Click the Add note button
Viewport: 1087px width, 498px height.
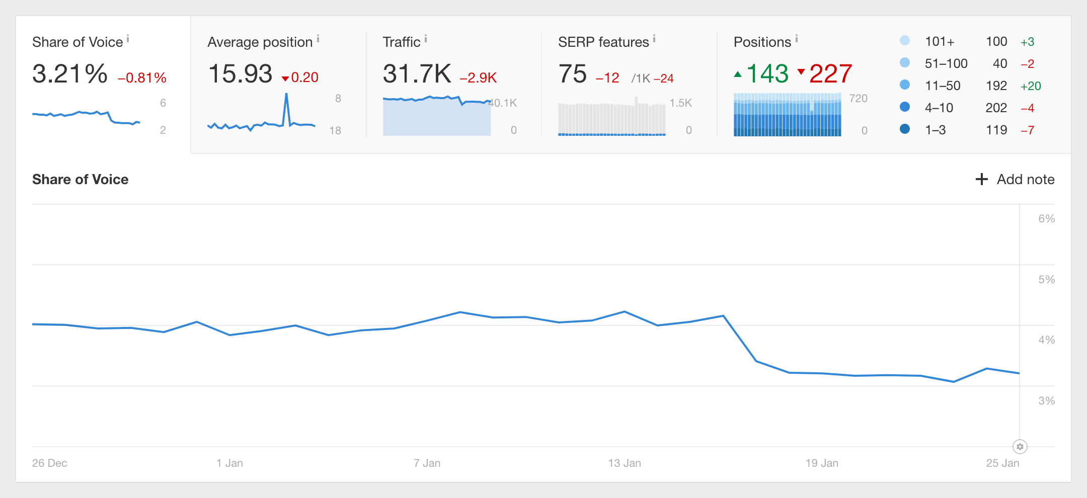[x=1015, y=180]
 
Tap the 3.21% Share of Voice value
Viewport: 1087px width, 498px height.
[x=70, y=74]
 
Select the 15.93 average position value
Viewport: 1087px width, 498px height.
[x=240, y=74]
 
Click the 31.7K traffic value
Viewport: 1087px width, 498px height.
[x=417, y=74]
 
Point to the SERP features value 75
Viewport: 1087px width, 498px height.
[x=572, y=74]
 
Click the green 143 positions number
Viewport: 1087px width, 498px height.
[x=767, y=74]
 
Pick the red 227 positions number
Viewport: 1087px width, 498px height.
[x=830, y=74]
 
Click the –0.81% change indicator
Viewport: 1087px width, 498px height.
[x=142, y=78]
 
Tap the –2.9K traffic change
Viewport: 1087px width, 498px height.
[x=478, y=78]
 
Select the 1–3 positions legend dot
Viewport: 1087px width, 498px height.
[x=905, y=129]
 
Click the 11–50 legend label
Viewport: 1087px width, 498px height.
[x=943, y=86]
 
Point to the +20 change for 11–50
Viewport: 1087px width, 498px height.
[x=1031, y=86]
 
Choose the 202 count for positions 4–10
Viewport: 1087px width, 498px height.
[x=996, y=108]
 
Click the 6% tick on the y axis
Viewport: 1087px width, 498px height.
[x=1046, y=219]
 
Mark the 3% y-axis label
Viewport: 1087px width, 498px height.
[x=1046, y=401]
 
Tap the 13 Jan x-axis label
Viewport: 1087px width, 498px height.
[x=625, y=463]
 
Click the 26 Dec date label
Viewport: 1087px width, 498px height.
[x=50, y=463]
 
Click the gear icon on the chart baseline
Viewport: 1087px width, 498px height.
[x=1020, y=447]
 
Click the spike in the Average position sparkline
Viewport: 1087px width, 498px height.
[x=286, y=95]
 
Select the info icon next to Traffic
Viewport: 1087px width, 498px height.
[x=426, y=38]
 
